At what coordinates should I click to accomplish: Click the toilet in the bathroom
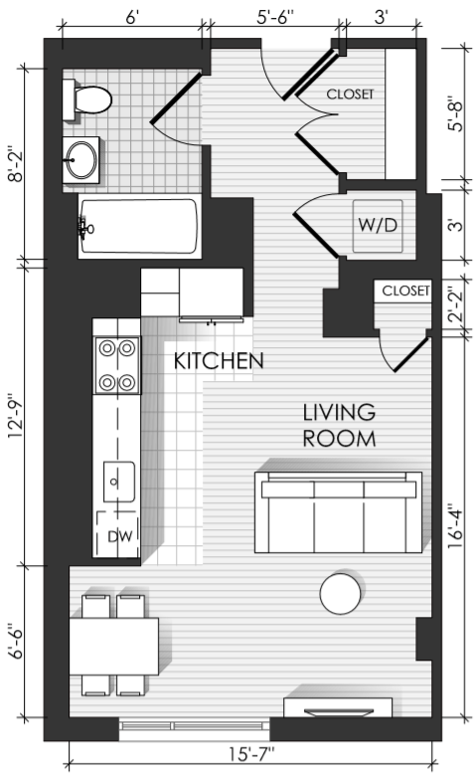(x=86, y=99)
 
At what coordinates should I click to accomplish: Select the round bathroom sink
(x=81, y=160)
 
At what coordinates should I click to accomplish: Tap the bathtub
(x=139, y=226)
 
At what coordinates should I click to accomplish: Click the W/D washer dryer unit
(x=378, y=226)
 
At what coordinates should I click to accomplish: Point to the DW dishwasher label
(x=120, y=536)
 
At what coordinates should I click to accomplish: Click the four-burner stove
(x=117, y=365)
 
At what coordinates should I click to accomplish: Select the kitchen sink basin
(x=119, y=482)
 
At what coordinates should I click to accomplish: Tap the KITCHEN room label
(x=219, y=361)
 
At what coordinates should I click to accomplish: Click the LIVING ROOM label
(x=340, y=426)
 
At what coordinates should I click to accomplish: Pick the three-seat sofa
(x=338, y=512)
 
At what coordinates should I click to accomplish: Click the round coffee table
(x=340, y=594)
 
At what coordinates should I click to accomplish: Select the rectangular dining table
(x=114, y=646)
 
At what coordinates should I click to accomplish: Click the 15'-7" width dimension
(x=251, y=755)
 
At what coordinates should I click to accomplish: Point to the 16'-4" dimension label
(x=455, y=526)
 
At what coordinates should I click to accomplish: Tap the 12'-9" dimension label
(x=15, y=416)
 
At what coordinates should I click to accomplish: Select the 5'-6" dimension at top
(x=275, y=17)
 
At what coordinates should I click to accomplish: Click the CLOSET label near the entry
(x=350, y=94)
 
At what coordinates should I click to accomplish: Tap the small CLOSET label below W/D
(x=405, y=291)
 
